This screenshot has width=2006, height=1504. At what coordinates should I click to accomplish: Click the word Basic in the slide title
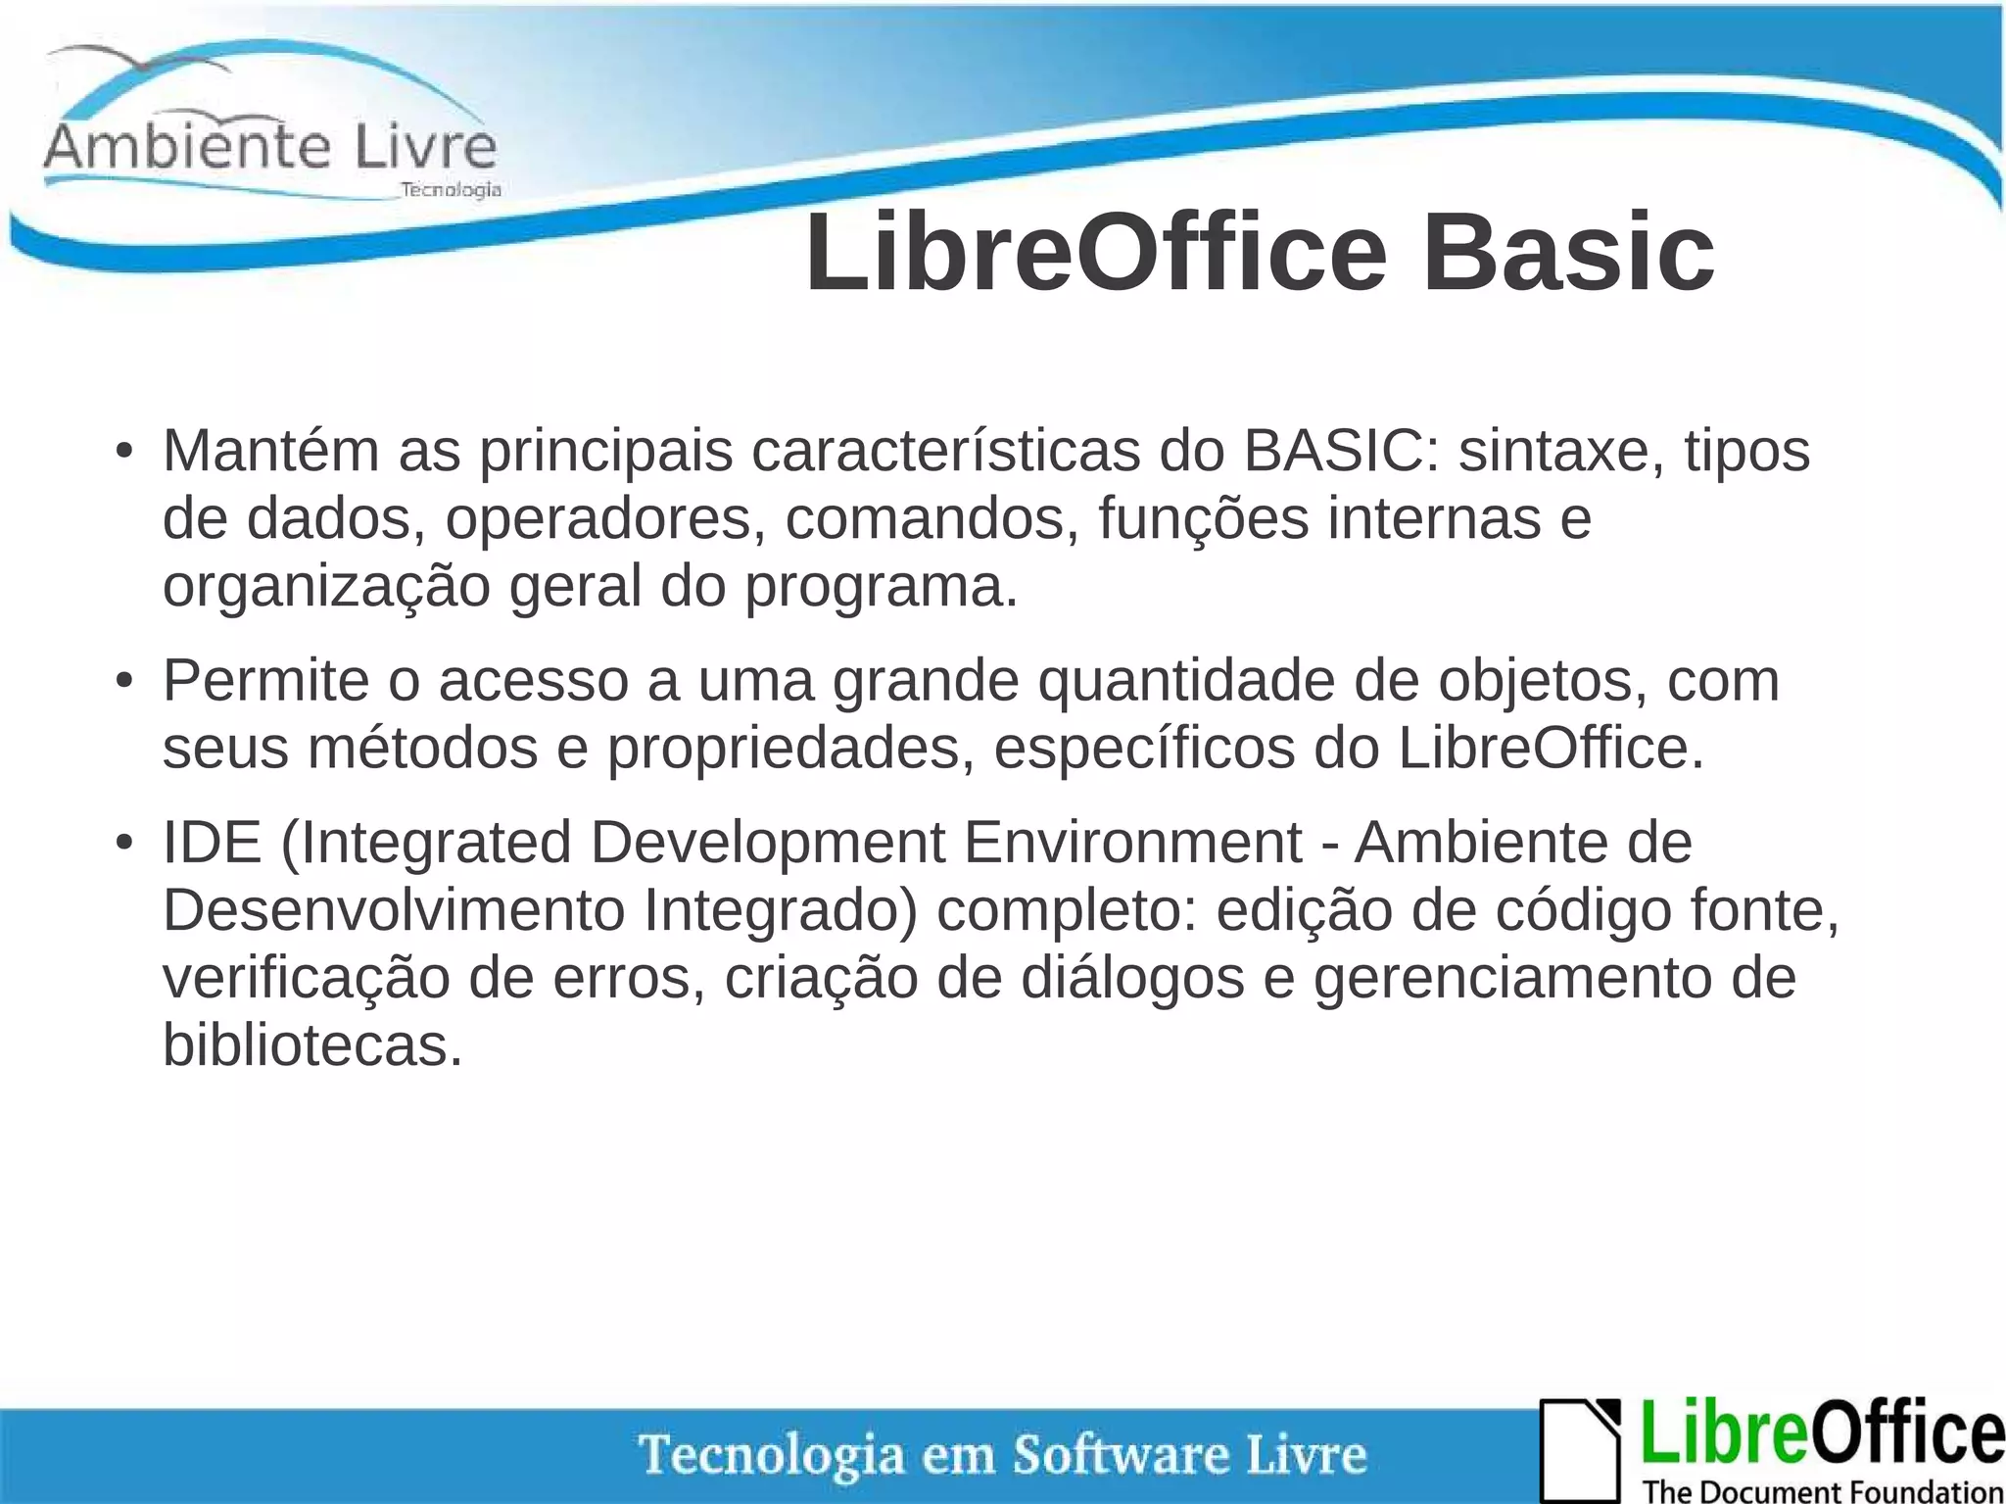click(x=1567, y=253)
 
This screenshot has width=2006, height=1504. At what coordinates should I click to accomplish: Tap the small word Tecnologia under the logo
click(x=452, y=190)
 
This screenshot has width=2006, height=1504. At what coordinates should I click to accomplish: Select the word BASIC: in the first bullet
click(x=1342, y=452)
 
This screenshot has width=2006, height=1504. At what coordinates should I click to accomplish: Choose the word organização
click(x=326, y=588)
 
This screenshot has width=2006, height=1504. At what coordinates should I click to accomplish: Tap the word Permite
click(x=265, y=680)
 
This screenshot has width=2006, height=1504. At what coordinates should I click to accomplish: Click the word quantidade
click(x=1186, y=680)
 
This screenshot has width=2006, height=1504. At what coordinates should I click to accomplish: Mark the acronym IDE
click(x=212, y=842)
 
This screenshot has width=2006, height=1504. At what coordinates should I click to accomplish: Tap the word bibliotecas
click(x=311, y=1045)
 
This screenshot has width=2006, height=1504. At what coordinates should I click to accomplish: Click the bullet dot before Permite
click(x=123, y=681)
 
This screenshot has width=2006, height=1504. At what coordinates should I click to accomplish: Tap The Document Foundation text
click(x=1822, y=1491)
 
